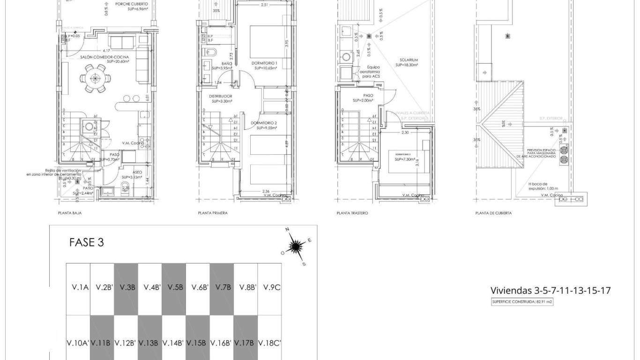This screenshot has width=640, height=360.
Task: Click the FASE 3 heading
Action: [86, 242]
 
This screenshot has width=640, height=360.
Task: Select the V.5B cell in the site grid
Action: [174, 287]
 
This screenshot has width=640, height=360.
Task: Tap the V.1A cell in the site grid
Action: [78, 287]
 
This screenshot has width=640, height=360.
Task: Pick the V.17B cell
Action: [246, 343]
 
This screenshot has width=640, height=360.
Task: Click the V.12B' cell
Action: [126, 343]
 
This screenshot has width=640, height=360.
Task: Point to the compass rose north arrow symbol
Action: [296, 245]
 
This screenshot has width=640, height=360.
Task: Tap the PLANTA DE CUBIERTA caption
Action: [493, 213]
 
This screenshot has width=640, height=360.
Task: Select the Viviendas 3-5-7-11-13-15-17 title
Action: [551, 291]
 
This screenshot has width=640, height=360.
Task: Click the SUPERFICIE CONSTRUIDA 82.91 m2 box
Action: [522, 302]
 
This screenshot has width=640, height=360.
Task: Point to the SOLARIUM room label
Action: [409, 60]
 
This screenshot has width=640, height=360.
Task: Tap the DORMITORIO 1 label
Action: [265, 63]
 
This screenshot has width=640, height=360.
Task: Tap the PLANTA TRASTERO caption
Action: [352, 213]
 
